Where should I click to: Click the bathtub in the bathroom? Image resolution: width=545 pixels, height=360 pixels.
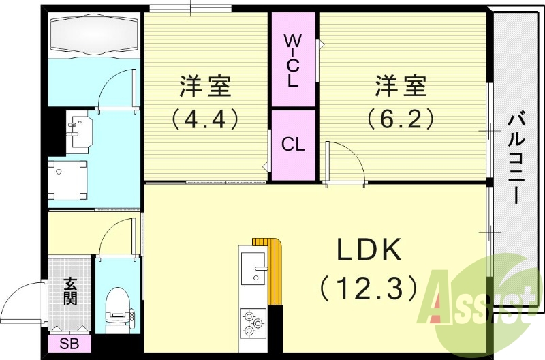pyautogui.click(x=94, y=34)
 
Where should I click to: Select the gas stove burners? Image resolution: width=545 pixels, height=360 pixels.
pyautogui.click(x=253, y=322)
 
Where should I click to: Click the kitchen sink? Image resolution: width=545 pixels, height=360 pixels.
pyautogui.click(x=253, y=268)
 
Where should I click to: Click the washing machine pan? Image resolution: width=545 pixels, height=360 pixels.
pyautogui.click(x=67, y=180)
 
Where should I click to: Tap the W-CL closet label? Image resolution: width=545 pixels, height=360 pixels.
pyautogui.click(x=293, y=61)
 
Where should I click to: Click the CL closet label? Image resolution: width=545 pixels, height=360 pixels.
pyautogui.click(x=293, y=144)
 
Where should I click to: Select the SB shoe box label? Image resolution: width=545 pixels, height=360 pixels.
pyautogui.click(x=69, y=344)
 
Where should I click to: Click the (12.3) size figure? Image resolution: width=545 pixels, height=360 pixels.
pyautogui.click(x=369, y=288)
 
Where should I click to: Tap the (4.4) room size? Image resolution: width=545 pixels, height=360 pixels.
pyautogui.click(x=205, y=118)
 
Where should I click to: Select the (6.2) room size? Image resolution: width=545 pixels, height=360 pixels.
pyautogui.click(x=401, y=118)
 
